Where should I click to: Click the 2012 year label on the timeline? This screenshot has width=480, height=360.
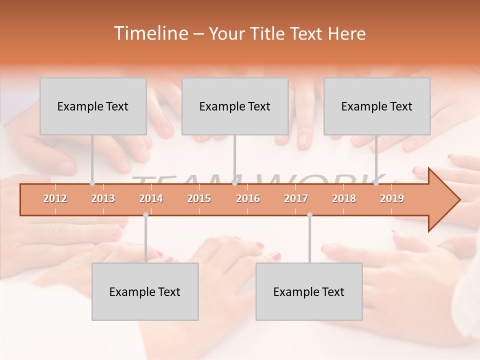(55, 198)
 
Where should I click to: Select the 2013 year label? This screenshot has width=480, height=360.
(103, 198)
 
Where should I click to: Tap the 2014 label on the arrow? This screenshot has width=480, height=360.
(151, 198)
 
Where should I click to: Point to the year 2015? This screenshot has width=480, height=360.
(199, 198)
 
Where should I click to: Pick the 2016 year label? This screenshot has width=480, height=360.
(248, 198)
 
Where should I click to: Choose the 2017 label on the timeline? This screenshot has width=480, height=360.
(296, 198)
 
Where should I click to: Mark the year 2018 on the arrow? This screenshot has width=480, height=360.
(344, 198)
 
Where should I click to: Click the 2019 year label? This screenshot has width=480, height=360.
(392, 198)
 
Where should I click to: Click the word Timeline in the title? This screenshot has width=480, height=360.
(150, 33)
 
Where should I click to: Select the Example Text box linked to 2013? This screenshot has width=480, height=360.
(93, 106)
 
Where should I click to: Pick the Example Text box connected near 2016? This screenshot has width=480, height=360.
(235, 106)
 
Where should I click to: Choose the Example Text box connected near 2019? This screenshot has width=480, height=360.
(377, 106)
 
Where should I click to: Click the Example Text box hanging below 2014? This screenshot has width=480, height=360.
(145, 291)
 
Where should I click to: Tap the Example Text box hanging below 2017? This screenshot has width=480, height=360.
(309, 291)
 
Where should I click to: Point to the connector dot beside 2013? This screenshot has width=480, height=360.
(92, 183)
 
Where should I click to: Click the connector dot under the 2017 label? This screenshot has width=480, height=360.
(309, 215)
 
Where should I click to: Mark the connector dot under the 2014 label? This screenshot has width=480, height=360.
(145, 215)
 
